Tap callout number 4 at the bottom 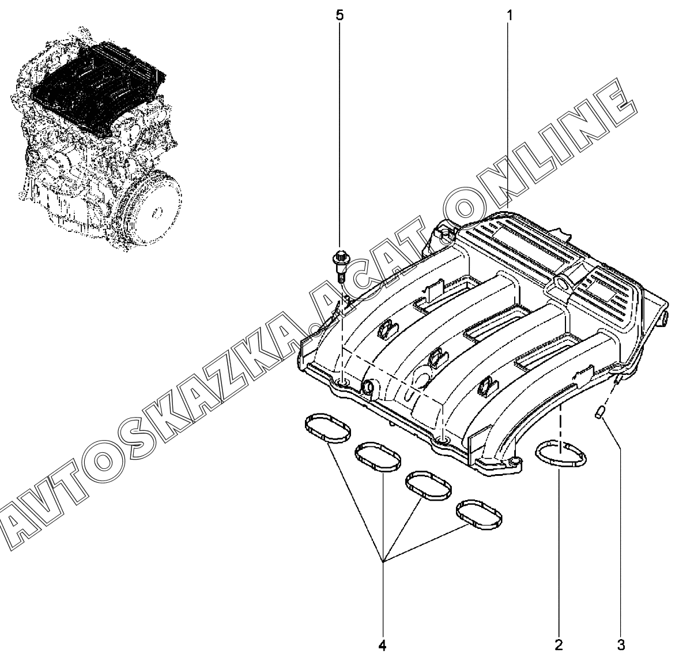[382, 645]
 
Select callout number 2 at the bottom [559, 645]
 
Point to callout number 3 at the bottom [621, 645]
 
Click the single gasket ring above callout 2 [561, 453]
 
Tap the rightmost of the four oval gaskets [480, 515]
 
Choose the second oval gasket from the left [378, 457]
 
